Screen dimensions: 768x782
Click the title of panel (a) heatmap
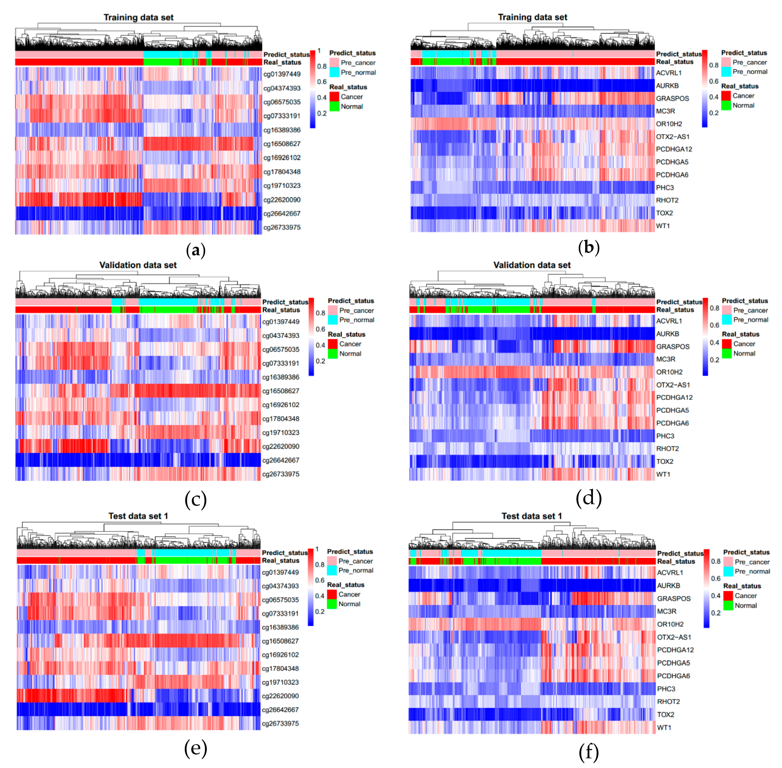point(138,17)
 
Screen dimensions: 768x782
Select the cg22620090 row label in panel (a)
point(282,200)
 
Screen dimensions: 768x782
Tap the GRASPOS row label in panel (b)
point(672,98)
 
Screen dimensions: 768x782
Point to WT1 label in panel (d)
point(663,474)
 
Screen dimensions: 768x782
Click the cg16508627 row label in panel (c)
point(281,391)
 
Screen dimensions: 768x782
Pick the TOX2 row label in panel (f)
point(665,714)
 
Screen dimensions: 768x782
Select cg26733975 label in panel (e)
point(280,723)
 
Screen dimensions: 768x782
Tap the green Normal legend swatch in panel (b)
point(726,105)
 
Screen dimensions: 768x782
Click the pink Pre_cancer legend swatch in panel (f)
point(728,562)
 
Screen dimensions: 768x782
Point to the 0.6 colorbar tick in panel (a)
point(322,82)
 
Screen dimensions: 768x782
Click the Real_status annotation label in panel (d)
point(675,310)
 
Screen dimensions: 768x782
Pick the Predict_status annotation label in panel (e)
point(285,553)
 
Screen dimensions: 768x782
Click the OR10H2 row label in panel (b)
point(669,124)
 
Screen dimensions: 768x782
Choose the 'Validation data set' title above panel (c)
point(138,265)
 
